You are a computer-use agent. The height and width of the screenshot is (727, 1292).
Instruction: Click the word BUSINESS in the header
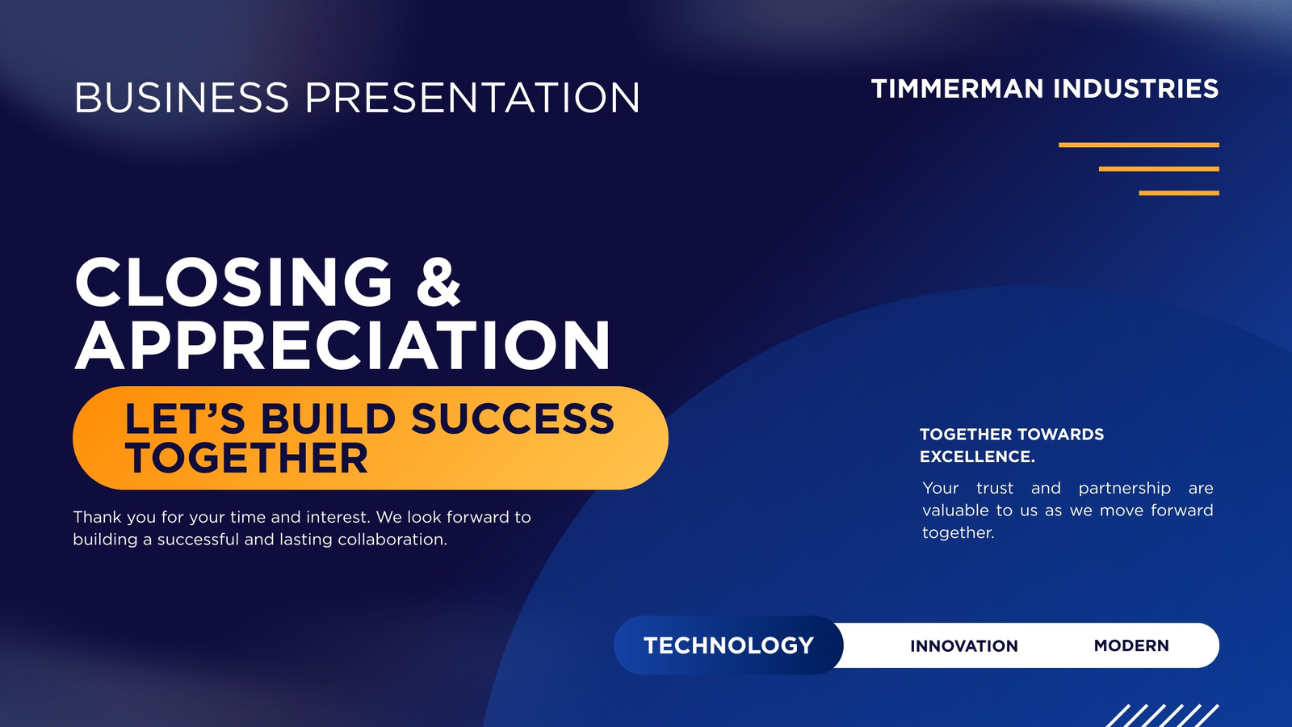coord(182,97)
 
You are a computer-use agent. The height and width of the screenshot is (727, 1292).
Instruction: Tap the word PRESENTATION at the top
coord(472,97)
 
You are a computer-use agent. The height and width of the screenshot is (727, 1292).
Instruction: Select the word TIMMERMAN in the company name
coord(958,89)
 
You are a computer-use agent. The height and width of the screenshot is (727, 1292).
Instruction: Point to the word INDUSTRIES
coord(1135,89)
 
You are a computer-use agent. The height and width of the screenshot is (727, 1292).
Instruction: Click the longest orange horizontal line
coord(1139,145)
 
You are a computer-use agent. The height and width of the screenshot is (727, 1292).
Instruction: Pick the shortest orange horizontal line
coord(1179,193)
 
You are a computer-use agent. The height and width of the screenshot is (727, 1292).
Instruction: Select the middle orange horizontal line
coord(1159,169)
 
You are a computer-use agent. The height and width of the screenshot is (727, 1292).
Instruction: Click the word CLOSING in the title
coord(233,282)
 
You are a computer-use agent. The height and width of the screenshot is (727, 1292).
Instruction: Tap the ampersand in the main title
coord(438,282)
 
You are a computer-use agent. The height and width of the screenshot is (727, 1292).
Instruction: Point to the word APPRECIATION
coord(342,345)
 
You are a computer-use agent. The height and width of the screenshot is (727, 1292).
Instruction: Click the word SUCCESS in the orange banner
coord(513,418)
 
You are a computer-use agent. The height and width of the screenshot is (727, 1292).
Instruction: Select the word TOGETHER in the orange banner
coord(246,458)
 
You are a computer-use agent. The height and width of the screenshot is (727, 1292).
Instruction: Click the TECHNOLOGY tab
coord(728,645)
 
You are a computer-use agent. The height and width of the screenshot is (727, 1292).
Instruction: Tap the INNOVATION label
coord(964,645)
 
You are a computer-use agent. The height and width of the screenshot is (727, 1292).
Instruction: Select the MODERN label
coord(1131,645)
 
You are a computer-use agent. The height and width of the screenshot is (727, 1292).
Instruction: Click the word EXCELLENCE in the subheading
coord(977,456)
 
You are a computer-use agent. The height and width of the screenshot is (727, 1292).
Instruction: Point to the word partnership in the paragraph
coord(1124,489)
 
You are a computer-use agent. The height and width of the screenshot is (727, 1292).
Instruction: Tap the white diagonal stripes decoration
coord(1162,716)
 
